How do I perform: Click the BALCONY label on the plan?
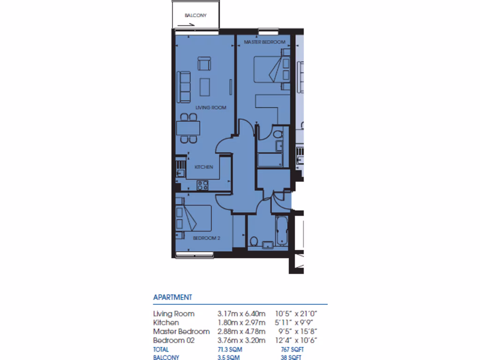click(195, 15)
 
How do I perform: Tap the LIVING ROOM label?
click(210, 108)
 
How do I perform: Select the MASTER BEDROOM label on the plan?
click(264, 42)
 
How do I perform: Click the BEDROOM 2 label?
click(207, 238)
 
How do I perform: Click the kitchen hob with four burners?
click(203, 185)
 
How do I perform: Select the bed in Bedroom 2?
click(192, 218)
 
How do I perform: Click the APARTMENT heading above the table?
click(172, 297)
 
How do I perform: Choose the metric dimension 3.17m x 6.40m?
click(241, 314)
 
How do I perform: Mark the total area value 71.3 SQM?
click(230, 350)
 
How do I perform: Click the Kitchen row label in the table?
click(166, 322)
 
